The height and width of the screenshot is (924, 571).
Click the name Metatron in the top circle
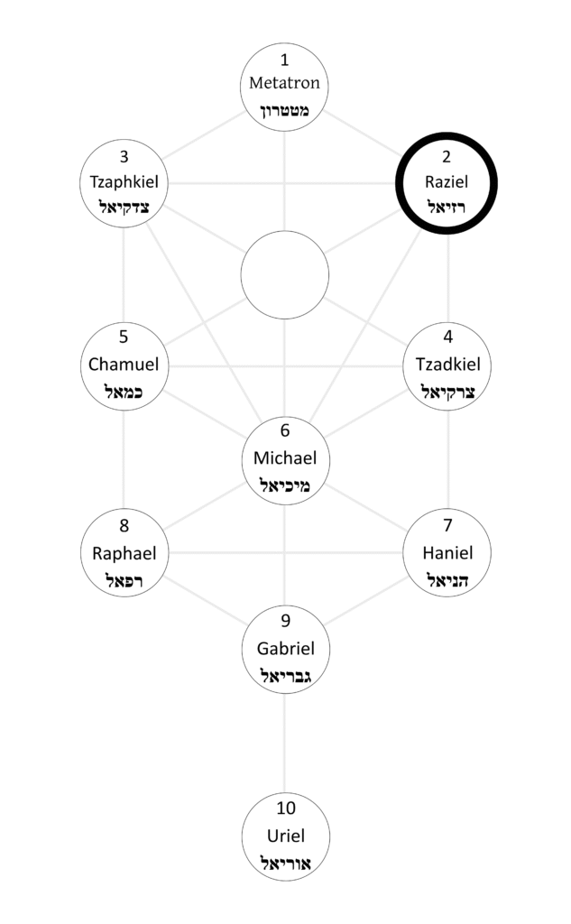(285, 85)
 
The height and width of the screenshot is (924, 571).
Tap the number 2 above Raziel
(447, 156)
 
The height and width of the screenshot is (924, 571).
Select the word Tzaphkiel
(124, 181)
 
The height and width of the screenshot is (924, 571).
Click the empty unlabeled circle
(285, 274)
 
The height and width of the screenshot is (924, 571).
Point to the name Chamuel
(124, 365)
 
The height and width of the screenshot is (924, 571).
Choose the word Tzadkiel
(447, 365)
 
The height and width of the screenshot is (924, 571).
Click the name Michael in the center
(285, 457)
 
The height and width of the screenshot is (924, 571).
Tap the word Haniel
(447, 552)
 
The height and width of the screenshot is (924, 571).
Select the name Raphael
(124, 552)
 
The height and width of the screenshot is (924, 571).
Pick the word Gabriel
(285, 648)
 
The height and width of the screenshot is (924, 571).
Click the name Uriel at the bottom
(285, 836)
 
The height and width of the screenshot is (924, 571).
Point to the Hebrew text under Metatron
(285, 112)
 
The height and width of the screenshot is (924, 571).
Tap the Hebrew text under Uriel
(285, 863)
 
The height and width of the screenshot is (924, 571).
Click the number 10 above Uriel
(285, 808)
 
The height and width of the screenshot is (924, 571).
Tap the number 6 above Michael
(285, 430)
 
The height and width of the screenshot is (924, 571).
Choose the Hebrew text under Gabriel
(285, 676)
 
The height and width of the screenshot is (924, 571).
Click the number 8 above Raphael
(124, 525)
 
